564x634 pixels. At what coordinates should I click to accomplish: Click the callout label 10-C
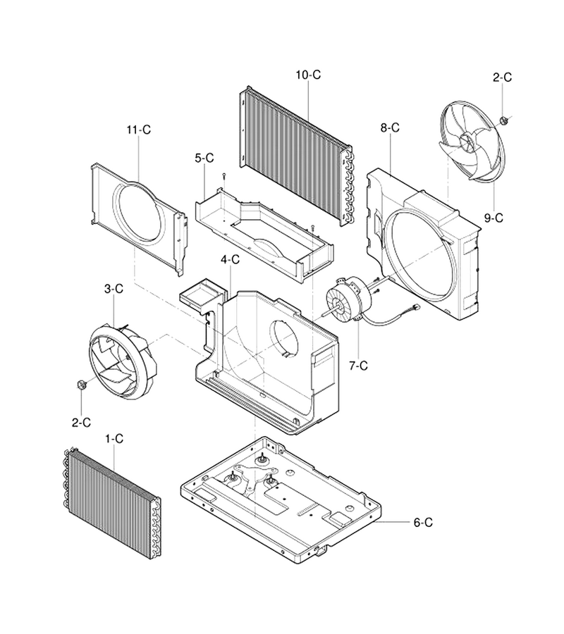coord(308,75)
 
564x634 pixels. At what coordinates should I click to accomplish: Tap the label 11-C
coord(138,130)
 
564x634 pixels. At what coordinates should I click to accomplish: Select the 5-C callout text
coord(204,158)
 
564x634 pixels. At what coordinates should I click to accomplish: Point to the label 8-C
coord(390,128)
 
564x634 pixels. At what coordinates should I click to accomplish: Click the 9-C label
coord(493,218)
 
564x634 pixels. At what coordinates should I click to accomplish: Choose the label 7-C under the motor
coord(358,366)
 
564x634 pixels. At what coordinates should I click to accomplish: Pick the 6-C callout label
coord(423,523)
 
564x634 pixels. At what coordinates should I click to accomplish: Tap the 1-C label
coord(114,439)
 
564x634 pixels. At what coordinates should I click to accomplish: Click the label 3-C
coord(114,289)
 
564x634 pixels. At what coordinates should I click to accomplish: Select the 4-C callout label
coord(230,259)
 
